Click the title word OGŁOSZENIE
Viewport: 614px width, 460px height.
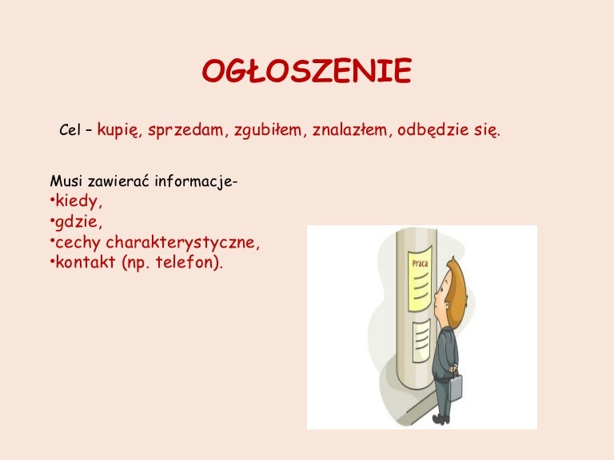point(306,72)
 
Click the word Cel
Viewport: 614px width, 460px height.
point(70,130)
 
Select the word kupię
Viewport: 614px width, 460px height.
point(119,130)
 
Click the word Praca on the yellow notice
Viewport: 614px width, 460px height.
point(420,263)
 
